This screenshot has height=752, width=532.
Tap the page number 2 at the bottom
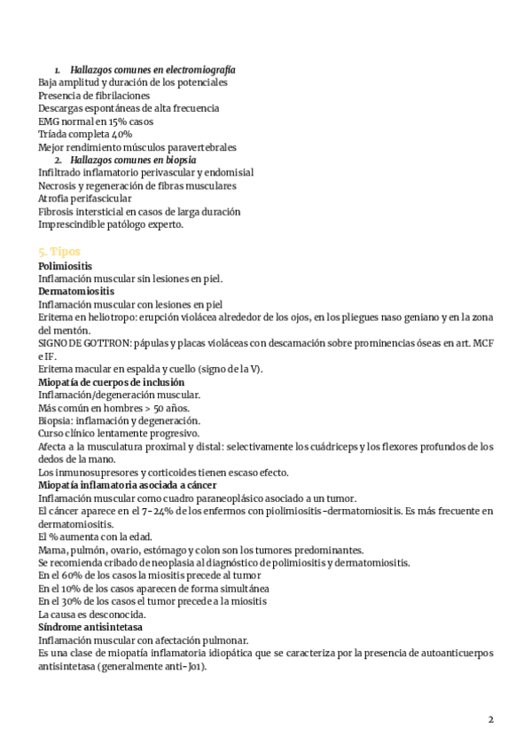[491, 719]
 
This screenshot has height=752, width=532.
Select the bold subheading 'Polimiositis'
[66, 265]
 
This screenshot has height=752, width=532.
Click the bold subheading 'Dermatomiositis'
[76, 291]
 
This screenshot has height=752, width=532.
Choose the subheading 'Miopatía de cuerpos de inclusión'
[111, 381]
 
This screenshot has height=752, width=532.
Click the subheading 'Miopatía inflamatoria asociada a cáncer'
[128, 485]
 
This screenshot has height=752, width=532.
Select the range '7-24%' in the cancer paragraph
[144, 511]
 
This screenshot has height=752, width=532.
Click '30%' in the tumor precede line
[75, 601]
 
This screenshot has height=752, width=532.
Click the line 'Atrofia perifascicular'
[85, 199]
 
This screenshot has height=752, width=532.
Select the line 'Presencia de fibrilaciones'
[94, 95]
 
